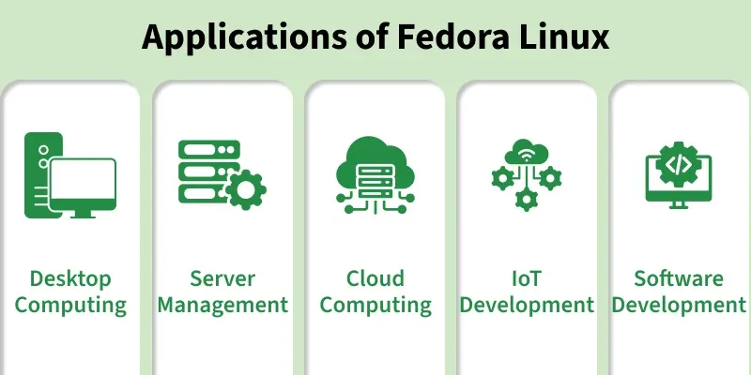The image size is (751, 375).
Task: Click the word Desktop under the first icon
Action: coord(70,279)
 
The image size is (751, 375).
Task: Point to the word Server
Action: coord(222,278)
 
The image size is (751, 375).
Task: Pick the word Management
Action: coord(222,307)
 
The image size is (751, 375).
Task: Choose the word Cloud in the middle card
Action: coord(375,278)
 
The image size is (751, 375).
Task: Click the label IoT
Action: coord(527,278)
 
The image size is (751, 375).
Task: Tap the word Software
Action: coord(679,278)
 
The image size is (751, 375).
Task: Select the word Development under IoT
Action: coord(527,307)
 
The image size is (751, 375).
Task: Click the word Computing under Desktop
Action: coord(70,307)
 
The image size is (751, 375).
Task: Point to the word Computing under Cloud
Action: coord(375,307)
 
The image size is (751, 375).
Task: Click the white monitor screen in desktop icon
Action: coord(83,179)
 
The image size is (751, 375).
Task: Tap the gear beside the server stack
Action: coord(246,189)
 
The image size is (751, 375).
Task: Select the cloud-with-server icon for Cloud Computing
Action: coord(375,175)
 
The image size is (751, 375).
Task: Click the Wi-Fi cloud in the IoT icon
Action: coord(527,152)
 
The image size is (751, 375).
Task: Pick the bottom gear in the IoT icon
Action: coord(527,199)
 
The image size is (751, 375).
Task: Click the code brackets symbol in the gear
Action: coord(679,165)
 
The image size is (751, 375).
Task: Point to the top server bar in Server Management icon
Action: coord(208,149)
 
